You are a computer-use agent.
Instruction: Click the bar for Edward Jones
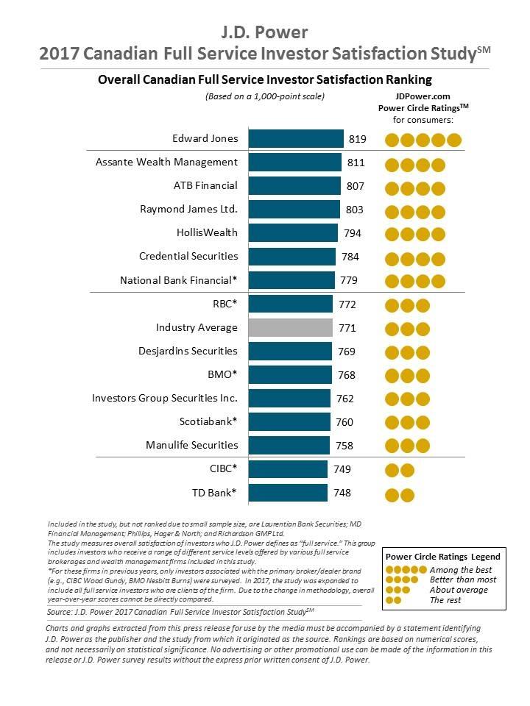[x=296, y=139]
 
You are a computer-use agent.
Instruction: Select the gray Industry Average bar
[x=291, y=327]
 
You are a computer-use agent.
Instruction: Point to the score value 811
[x=355, y=163]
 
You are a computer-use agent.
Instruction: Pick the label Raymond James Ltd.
[x=188, y=209]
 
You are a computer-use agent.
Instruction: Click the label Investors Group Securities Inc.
[x=165, y=398]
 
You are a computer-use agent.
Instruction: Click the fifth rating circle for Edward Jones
[x=453, y=140]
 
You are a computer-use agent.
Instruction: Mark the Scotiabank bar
[x=289, y=421]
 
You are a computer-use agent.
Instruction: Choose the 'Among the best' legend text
[x=460, y=570]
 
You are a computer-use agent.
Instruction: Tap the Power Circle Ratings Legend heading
[x=443, y=557]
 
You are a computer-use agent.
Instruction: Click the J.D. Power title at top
[x=265, y=32]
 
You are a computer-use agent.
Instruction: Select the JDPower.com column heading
[x=422, y=96]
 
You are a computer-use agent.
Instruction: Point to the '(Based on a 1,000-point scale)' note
[x=264, y=96]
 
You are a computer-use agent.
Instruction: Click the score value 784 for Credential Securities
[x=350, y=257]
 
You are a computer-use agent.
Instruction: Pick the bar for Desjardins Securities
[x=290, y=351]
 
